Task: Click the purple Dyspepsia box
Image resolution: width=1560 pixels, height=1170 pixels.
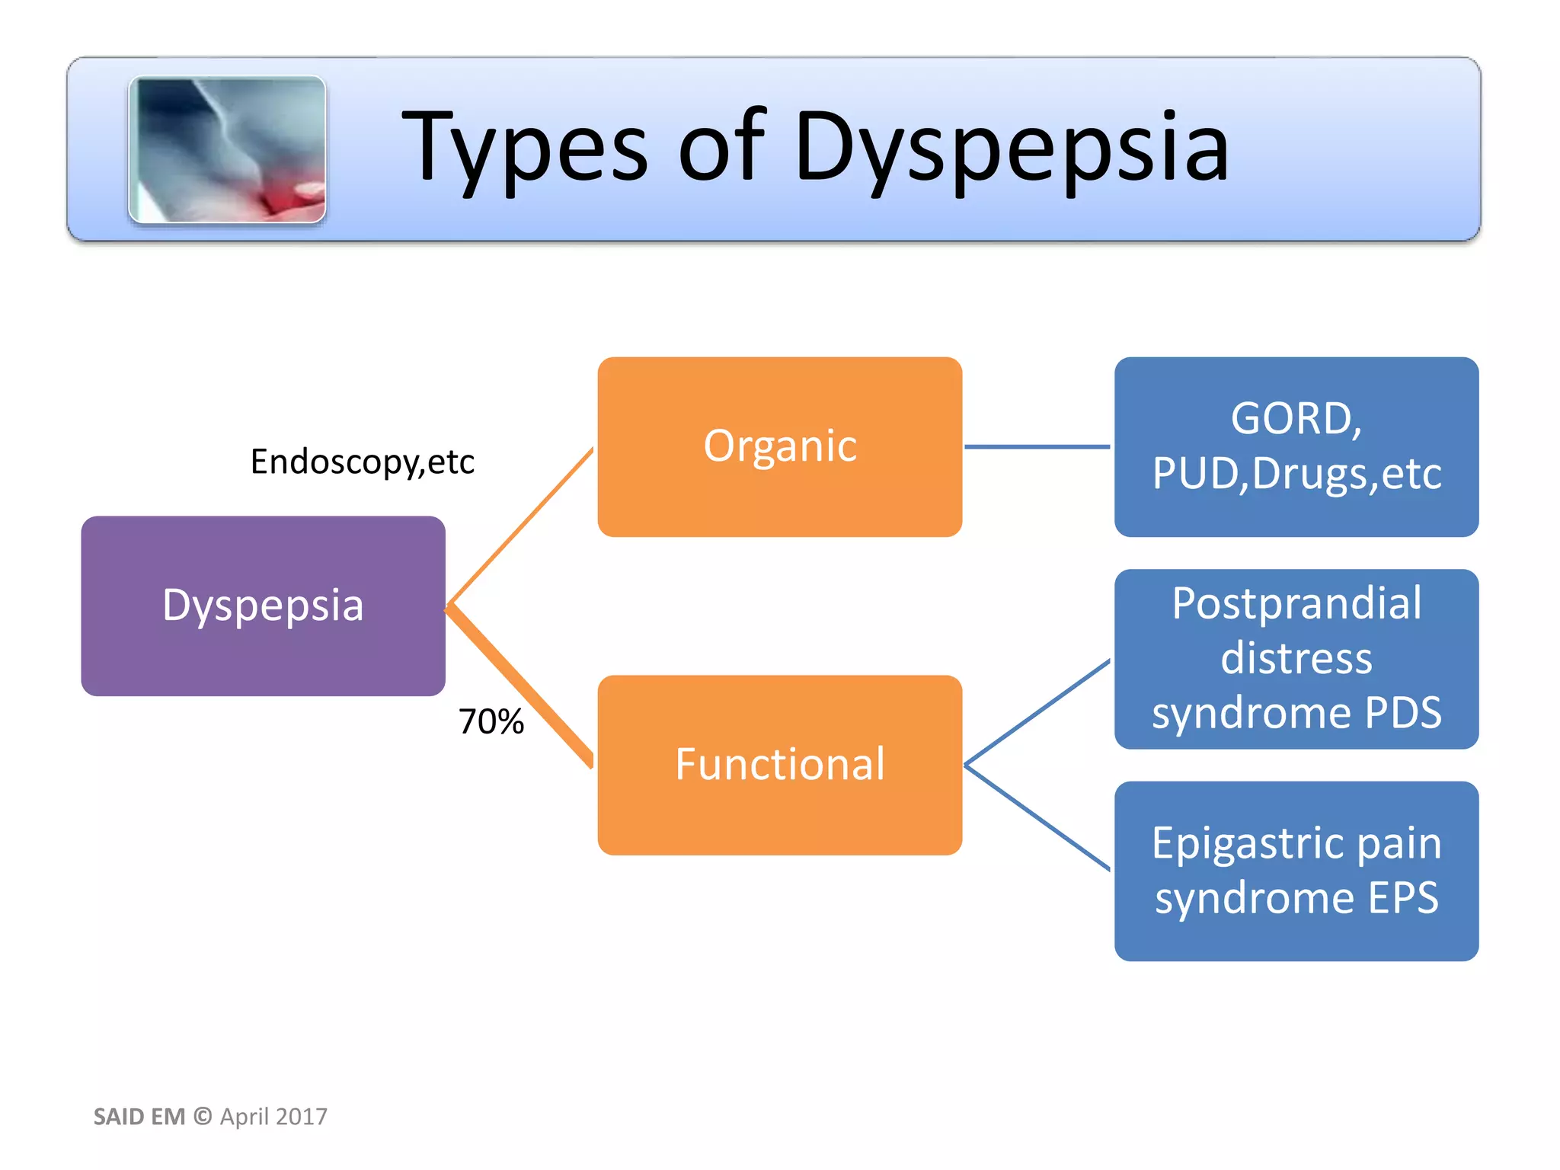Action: (x=263, y=606)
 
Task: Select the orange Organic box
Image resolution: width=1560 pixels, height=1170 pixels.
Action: (x=779, y=446)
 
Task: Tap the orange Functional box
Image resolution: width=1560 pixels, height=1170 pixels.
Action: (x=779, y=765)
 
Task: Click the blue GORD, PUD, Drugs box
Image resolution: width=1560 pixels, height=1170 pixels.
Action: (x=1296, y=446)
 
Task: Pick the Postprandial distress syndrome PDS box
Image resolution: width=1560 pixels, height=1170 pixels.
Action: (x=1296, y=658)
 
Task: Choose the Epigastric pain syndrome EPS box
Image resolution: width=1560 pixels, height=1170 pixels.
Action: (x=1296, y=871)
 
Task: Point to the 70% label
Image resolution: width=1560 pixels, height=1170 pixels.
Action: (x=491, y=721)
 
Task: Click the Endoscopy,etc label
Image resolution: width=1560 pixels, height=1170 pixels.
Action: (x=363, y=462)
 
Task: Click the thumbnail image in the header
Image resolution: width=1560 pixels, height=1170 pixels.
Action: (x=227, y=149)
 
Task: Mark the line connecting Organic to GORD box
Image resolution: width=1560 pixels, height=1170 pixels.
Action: (x=1037, y=446)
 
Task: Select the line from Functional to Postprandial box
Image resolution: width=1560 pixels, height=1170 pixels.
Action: (x=1037, y=713)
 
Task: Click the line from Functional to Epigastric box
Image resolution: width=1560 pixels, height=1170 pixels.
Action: (x=1037, y=817)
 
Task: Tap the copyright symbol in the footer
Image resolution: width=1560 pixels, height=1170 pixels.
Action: (x=203, y=1116)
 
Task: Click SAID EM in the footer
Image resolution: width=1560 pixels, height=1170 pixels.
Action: (x=139, y=1117)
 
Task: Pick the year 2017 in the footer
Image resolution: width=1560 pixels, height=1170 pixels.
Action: (x=302, y=1117)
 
